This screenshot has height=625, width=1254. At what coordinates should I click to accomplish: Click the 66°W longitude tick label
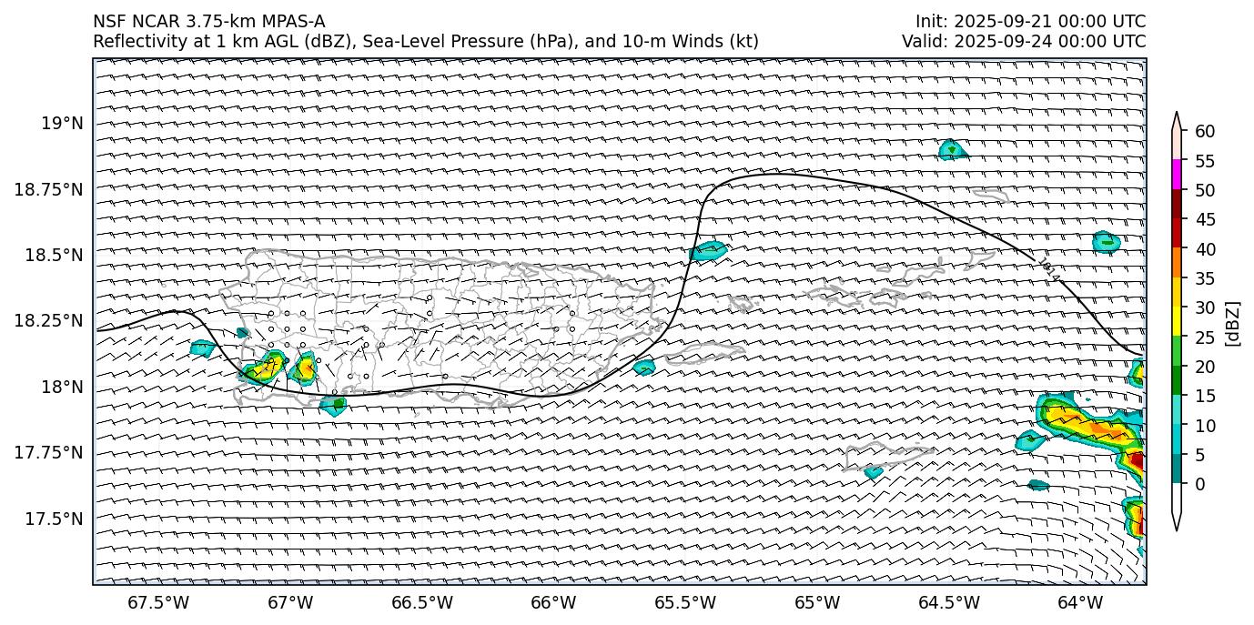553,603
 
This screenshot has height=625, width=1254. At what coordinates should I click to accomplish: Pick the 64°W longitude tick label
1080,603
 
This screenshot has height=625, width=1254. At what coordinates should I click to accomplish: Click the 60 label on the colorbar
1205,132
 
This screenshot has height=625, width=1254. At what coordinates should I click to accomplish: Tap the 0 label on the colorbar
1200,484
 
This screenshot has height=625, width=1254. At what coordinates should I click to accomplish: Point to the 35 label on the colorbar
1205,278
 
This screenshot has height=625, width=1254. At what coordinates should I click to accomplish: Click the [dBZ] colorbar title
1233,323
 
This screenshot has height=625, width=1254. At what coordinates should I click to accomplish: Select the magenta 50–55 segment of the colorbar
1177,175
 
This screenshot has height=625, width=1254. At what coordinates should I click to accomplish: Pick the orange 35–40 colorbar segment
1177,263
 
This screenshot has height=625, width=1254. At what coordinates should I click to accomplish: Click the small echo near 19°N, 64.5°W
952,150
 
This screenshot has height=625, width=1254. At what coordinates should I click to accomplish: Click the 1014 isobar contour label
1048,270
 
